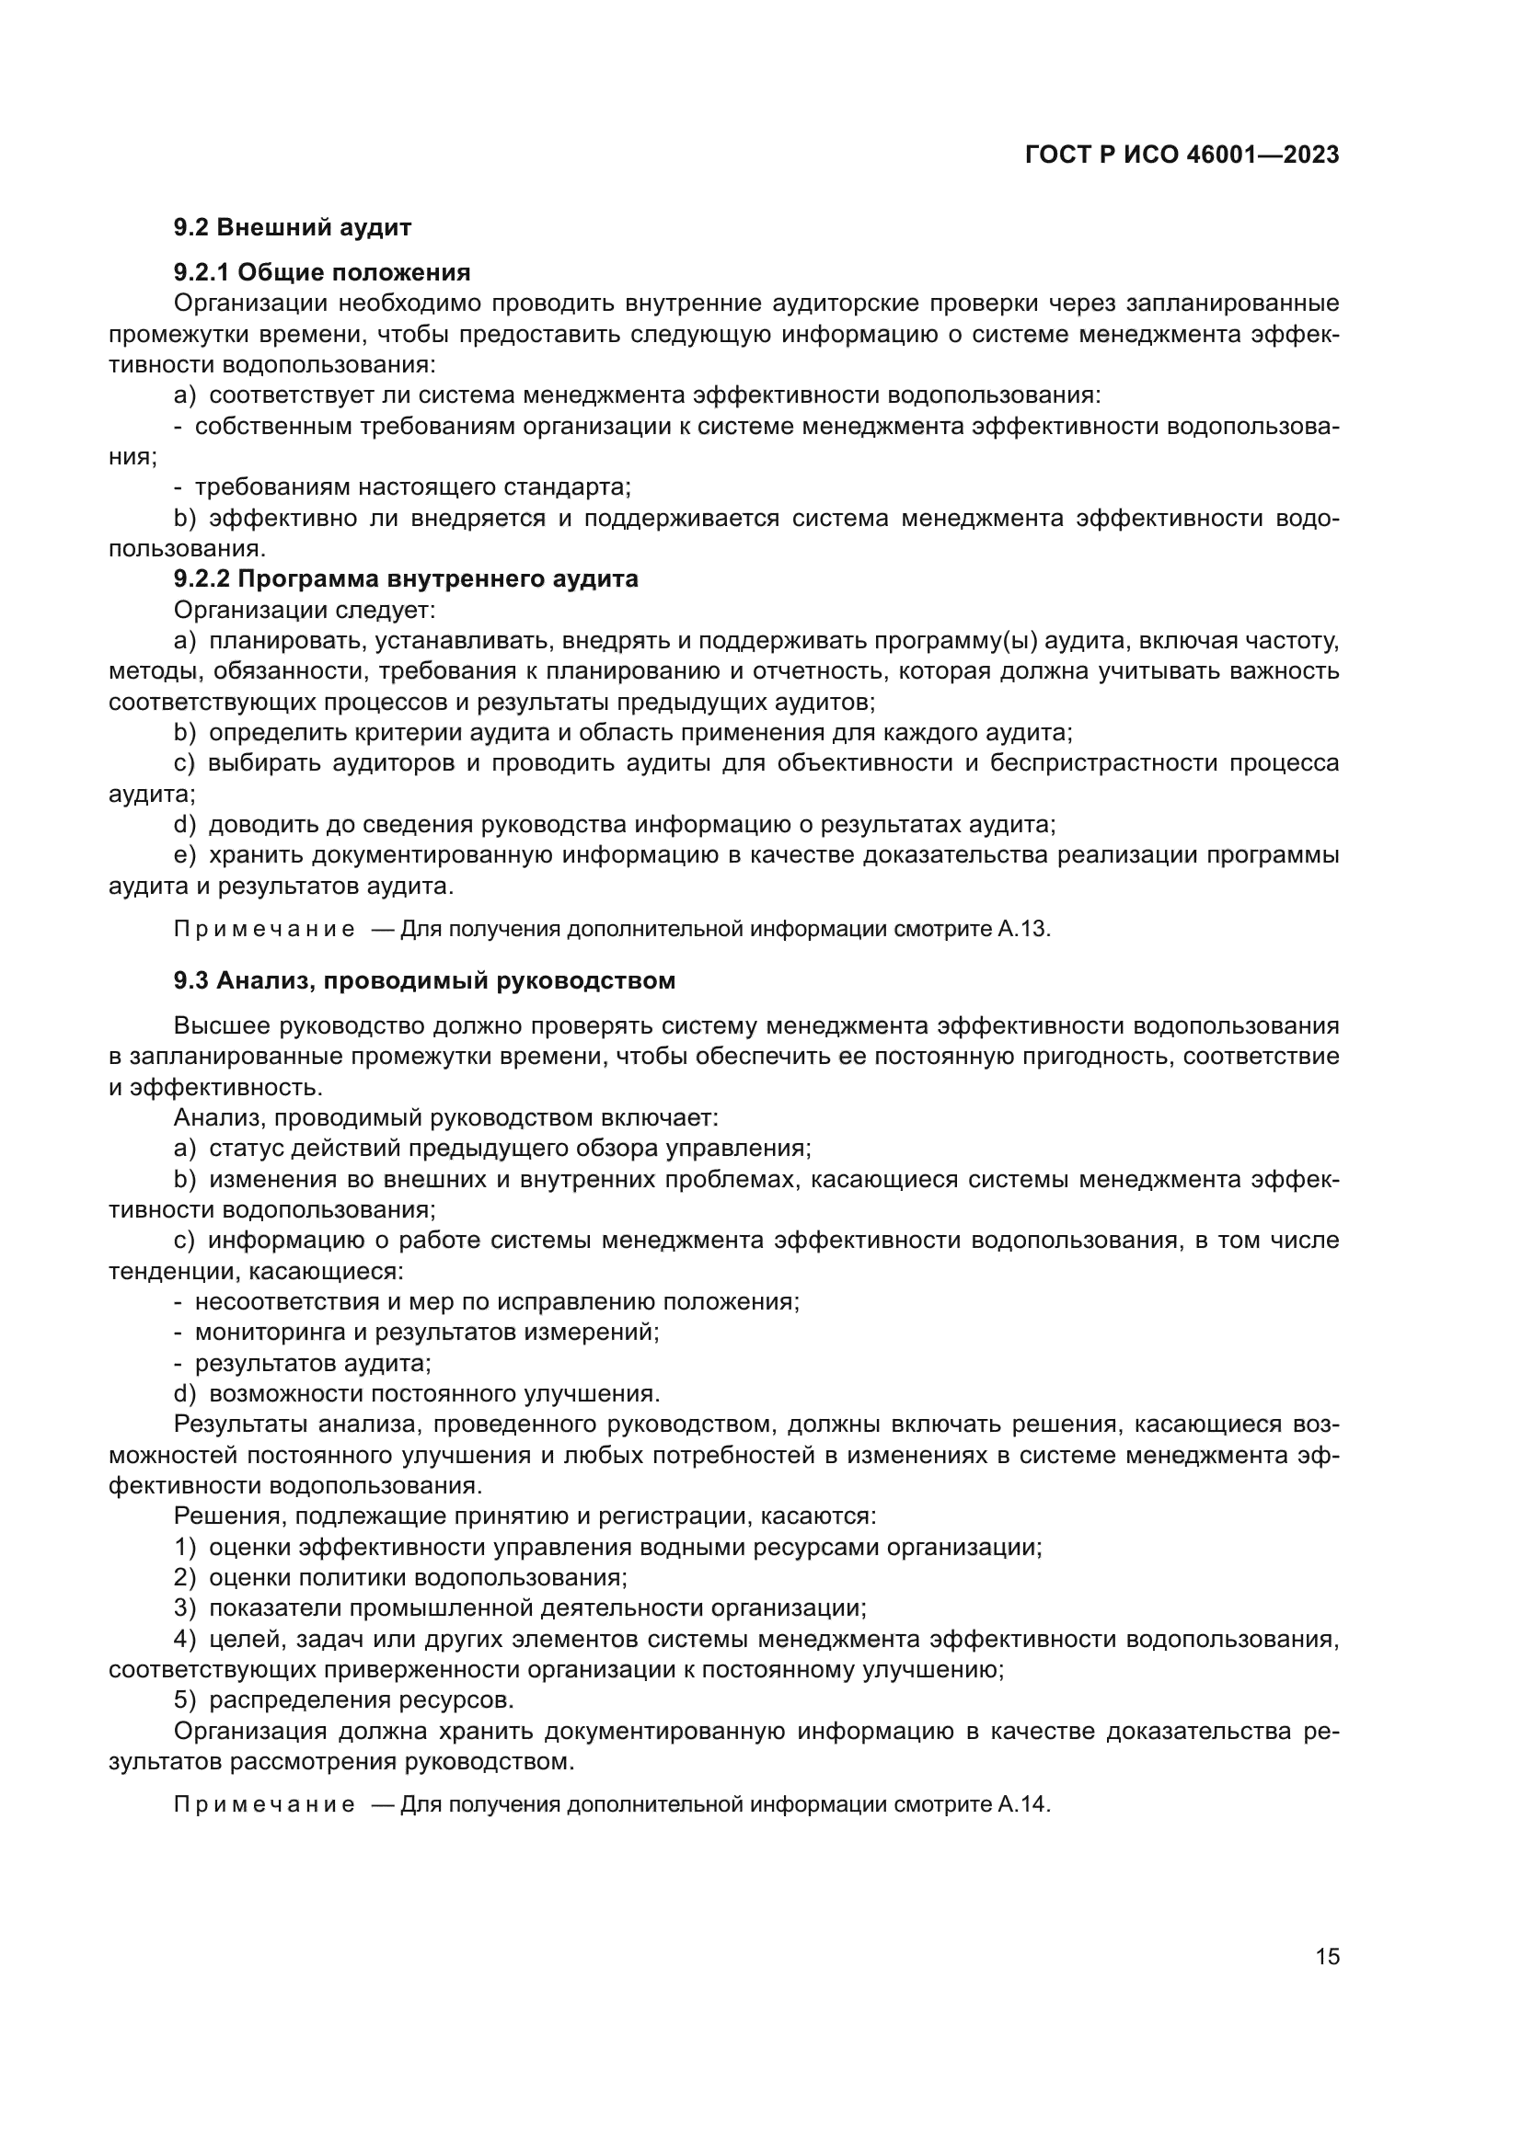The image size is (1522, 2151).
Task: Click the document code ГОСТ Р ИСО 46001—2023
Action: pos(1182,155)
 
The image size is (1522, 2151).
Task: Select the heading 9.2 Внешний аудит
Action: pos(293,228)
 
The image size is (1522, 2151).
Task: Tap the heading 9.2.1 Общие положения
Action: pos(321,272)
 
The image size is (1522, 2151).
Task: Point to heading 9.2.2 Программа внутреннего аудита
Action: pos(405,579)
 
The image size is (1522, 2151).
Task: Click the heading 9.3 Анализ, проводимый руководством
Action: pos(423,981)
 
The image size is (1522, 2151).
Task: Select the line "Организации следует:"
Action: pos(305,610)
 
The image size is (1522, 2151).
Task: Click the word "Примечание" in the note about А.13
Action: pos(264,930)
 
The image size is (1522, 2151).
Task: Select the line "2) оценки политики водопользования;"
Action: pos(400,1578)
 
